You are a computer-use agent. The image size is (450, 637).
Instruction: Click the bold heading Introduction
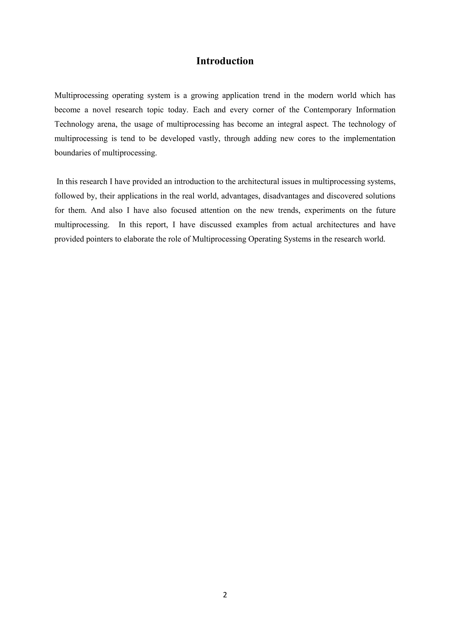(225, 61)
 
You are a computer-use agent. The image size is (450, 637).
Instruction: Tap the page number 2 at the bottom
(225, 595)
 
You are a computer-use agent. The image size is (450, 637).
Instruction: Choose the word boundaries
(73, 153)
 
